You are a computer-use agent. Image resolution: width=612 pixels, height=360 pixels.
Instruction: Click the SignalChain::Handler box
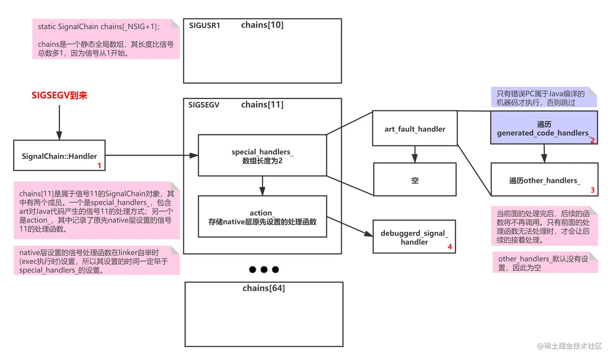pyautogui.click(x=59, y=156)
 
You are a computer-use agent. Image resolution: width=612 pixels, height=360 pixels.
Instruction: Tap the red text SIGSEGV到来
pyautogui.click(x=59, y=95)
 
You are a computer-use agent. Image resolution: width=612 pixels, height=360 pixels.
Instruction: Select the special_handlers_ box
pyautogui.click(x=262, y=156)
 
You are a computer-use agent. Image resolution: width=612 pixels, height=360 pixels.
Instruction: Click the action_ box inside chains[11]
pyautogui.click(x=262, y=217)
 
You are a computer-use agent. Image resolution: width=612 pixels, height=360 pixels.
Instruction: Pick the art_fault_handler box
pyautogui.click(x=415, y=129)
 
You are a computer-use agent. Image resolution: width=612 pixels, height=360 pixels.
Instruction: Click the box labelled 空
pyautogui.click(x=415, y=180)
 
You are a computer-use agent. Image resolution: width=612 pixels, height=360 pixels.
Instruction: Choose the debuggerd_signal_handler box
pyautogui.click(x=414, y=237)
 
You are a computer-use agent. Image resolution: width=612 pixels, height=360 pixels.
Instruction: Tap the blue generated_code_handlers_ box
pyautogui.click(x=544, y=128)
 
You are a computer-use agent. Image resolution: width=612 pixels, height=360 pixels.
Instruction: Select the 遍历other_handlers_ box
pyautogui.click(x=544, y=180)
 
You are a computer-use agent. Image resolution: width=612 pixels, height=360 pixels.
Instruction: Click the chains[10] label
pyautogui.click(x=262, y=25)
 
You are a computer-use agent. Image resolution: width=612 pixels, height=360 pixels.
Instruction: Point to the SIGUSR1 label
pyautogui.click(x=204, y=25)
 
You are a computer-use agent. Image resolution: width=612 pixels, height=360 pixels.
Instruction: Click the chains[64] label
pyautogui.click(x=263, y=288)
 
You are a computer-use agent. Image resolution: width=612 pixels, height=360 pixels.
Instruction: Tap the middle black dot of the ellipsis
pyautogui.click(x=264, y=269)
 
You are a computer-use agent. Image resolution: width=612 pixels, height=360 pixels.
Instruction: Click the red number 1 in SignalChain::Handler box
pyautogui.click(x=99, y=165)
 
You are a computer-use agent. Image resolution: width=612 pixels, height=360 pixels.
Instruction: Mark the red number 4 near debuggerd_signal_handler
pyautogui.click(x=450, y=246)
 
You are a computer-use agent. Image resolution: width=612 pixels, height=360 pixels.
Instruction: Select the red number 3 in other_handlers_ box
pyautogui.click(x=593, y=190)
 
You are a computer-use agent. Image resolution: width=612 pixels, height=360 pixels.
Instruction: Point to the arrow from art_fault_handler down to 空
pyautogui.click(x=414, y=154)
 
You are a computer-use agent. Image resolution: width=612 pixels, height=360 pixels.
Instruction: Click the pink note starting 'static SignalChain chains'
pyautogui.click(x=106, y=39)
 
